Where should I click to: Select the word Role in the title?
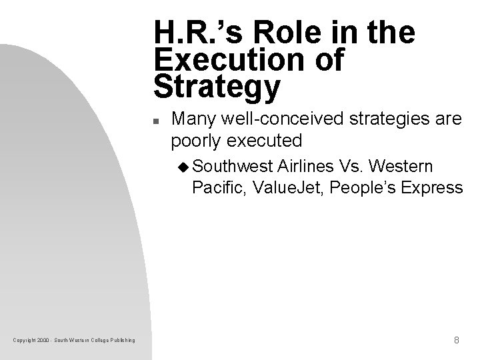tap(278, 33)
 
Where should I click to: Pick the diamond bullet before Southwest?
tap(185, 165)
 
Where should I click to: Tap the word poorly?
tap(194, 141)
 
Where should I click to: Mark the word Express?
tap(432, 187)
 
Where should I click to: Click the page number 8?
tap(456, 340)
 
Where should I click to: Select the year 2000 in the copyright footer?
tap(44, 341)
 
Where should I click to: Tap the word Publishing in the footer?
tap(121, 341)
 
